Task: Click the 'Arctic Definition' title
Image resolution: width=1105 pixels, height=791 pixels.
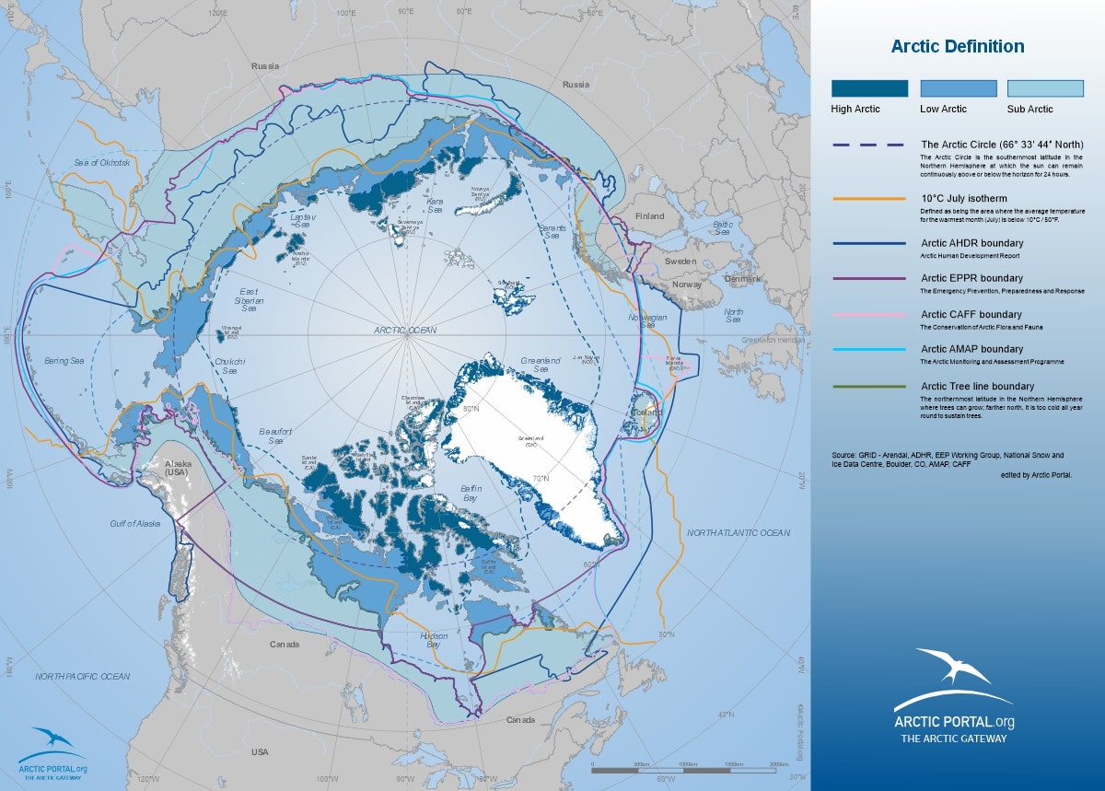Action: (957, 47)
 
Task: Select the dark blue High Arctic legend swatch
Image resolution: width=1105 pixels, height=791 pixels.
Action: (869, 88)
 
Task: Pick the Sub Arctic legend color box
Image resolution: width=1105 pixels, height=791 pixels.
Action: (1044, 88)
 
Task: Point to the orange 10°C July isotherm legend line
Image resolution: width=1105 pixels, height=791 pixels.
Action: (869, 199)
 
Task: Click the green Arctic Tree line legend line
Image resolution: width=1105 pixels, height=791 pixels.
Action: (869, 387)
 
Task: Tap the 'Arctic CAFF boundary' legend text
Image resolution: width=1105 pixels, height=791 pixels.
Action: (971, 314)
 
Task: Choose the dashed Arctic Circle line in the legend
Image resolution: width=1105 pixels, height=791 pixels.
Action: (869, 145)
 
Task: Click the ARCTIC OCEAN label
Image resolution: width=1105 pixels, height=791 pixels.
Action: (405, 330)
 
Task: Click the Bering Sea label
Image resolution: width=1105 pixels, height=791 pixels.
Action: (64, 360)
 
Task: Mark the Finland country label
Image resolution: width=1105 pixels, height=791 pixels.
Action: (649, 217)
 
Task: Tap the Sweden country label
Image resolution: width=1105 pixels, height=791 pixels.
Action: (680, 262)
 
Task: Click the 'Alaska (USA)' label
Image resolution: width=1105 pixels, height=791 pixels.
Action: (175, 469)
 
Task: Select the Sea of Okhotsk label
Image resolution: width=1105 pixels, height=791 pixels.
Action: (103, 163)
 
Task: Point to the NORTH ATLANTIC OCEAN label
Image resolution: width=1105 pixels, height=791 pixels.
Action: (738, 533)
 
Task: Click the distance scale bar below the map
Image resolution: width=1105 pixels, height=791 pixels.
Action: (685, 766)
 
